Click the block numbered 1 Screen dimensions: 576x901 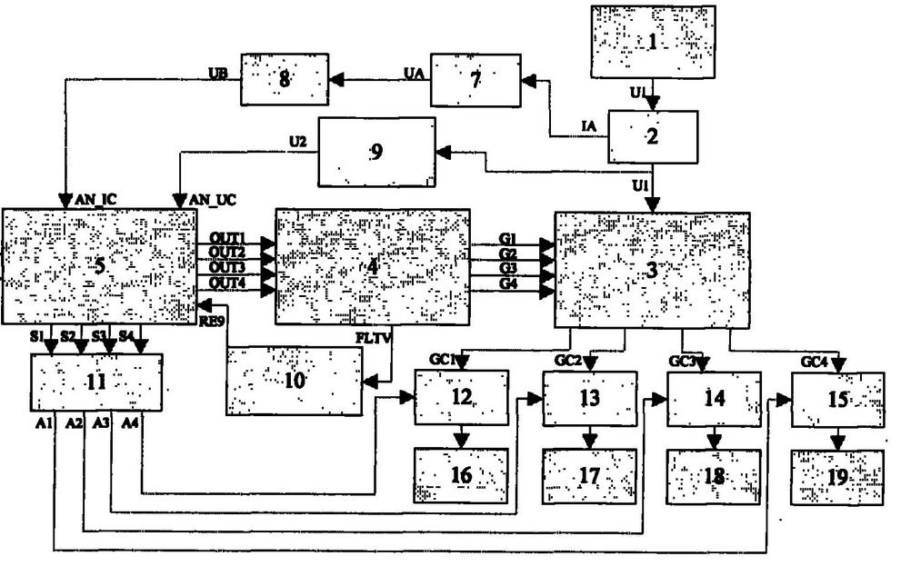pyautogui.click(x=650, y=41)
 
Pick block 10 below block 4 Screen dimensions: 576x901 pyautogui.click(x=293, y=381)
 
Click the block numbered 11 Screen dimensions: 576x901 pyautogui.click(x=97, y=382)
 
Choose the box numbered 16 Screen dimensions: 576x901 pyautogui.click(x=460, y=474)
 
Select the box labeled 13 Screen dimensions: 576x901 pyautogui.click(x=589, y=397)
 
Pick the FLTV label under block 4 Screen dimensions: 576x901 pyautogui.click(x=371, y=336)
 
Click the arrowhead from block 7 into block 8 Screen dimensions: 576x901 pyautogui.click(x=335, y=81)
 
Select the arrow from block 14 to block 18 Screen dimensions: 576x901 pyautogui.click(x=715, y=439)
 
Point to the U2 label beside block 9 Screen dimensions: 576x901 pyautogui.click(x=296, y=141)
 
